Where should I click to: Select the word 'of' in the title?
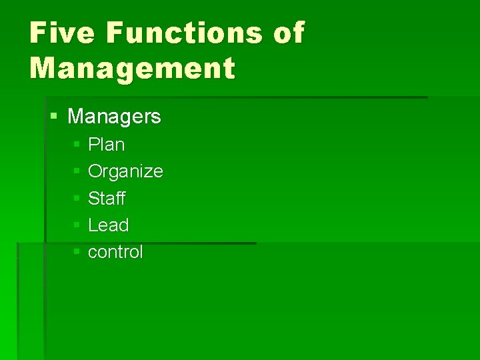[x=288, y=33]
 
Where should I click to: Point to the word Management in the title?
[x=132, y=68]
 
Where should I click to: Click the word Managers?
[x=114, y=117]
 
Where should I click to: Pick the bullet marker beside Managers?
[x=54, y=117]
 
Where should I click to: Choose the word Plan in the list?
[x=106, y=145]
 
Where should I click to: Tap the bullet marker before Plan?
[x=77, y=145]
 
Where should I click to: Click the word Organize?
[x=125, y=171]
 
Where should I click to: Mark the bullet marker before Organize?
[x=77, y=171]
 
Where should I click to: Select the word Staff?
[x=107, y=199]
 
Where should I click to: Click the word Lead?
[x=108, y=225]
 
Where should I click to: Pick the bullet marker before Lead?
[x=77, y=225]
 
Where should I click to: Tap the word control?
[x=115, y=252]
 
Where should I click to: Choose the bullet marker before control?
[x=77, y=252]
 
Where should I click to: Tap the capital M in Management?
[x=43, y=68]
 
